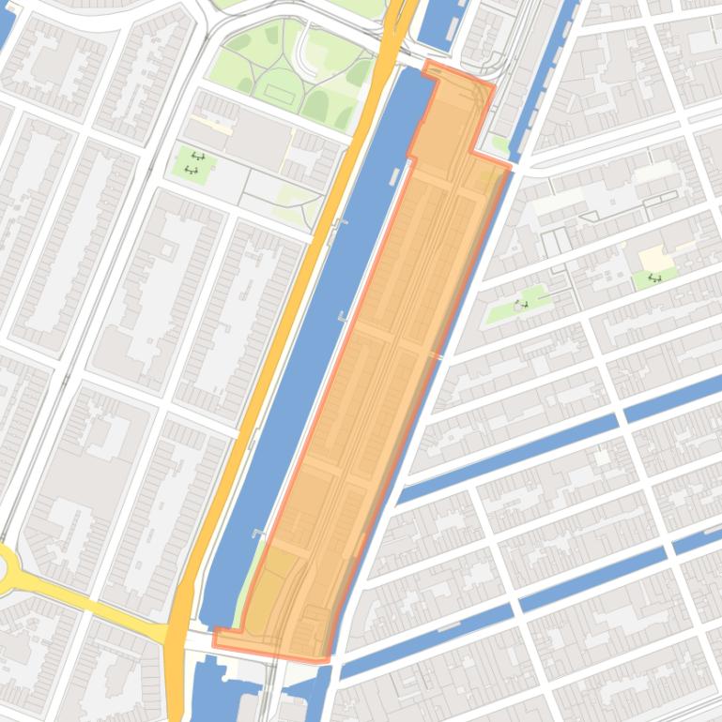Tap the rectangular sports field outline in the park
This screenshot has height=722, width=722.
coord(279,94)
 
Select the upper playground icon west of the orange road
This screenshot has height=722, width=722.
coord(197,157)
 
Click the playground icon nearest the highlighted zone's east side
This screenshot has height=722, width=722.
coord(521,305)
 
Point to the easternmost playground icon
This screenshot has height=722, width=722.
coord(654,278)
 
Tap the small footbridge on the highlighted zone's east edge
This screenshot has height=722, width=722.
coord(438,355)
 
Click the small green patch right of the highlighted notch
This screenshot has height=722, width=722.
coord(500,144)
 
